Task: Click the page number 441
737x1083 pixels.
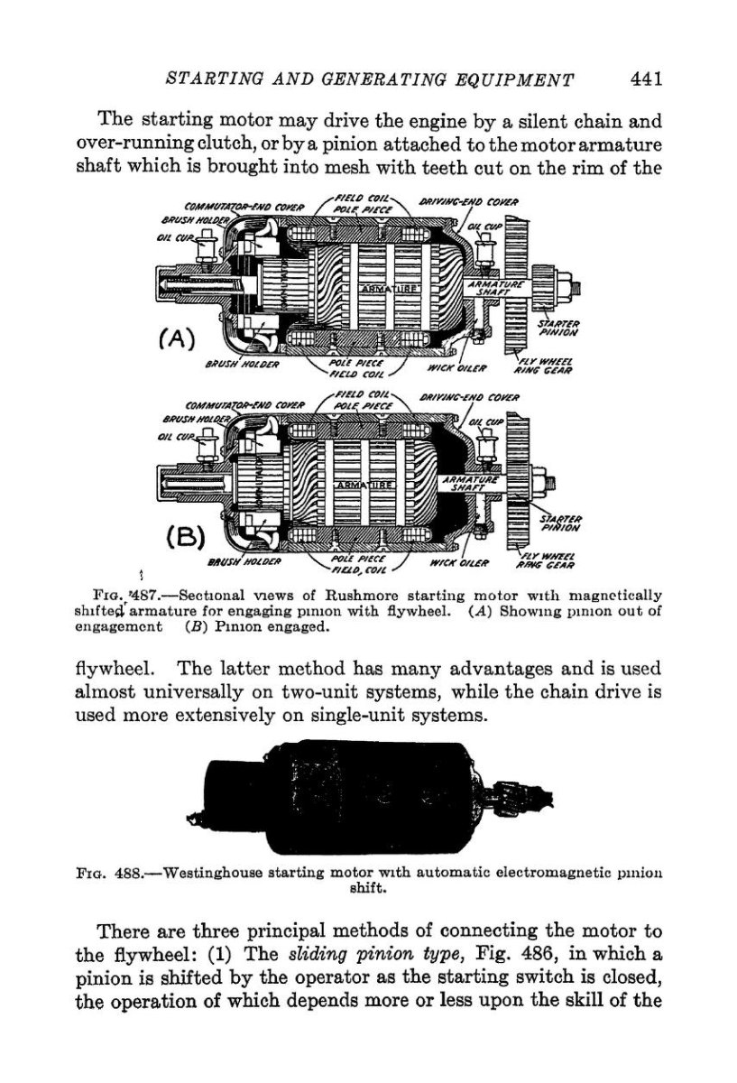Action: (647, 79)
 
